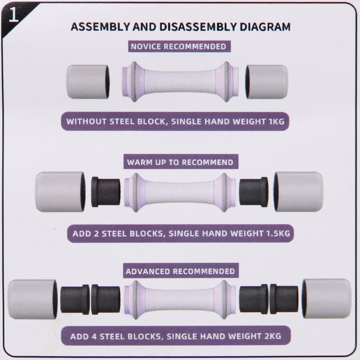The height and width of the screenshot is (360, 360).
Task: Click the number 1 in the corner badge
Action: tap(13, 15)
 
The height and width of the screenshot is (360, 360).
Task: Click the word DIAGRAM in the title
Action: tap(265, 27)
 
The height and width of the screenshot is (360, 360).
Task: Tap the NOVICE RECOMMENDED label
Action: tap(178, 47)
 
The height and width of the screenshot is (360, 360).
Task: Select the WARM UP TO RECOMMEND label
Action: tap(180, 163)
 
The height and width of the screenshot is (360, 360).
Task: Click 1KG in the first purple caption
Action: tap(277, 121)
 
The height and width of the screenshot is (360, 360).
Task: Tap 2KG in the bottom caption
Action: tap(273, 336)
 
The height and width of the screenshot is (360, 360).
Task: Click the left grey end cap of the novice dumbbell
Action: tap(88, 82)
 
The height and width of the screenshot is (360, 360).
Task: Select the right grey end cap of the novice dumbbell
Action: tap(266, 82)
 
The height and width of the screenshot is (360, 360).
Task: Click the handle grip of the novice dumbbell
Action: tap(180, 82)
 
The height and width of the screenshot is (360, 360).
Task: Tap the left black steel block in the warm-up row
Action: tap(106, 192)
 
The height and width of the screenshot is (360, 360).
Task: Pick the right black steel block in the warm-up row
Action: tap(254, 192)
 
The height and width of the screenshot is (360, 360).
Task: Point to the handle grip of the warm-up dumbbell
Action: tap(180, 193)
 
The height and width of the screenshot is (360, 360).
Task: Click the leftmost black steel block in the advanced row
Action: tap(75, 299)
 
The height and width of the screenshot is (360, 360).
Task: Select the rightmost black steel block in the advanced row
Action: tap(284, 299)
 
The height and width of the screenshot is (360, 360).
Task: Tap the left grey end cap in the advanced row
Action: tap(32, 299)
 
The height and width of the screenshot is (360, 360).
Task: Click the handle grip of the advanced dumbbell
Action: tap(180, 300)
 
